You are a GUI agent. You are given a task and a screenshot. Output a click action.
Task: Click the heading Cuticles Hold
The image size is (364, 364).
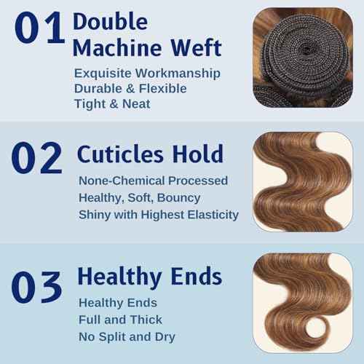tap(151, 154)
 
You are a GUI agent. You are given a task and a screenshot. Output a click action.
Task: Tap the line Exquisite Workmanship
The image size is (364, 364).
tap(147, 73)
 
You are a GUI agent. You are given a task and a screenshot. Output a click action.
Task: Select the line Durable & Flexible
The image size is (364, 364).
tap(131, 88)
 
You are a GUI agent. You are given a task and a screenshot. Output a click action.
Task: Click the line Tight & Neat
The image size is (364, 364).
tap(113, 104)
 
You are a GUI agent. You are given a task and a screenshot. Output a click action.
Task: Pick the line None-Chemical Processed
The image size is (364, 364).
tap(154, 181)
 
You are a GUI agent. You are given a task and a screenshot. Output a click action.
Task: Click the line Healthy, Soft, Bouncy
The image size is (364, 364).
tap(141, 197)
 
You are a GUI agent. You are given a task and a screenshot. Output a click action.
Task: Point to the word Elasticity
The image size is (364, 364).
tap(210, 214)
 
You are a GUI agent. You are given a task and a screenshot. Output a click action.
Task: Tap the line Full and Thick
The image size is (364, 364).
tap(120, 320)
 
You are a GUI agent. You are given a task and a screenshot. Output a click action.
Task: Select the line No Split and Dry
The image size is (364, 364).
tap(128, 336)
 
